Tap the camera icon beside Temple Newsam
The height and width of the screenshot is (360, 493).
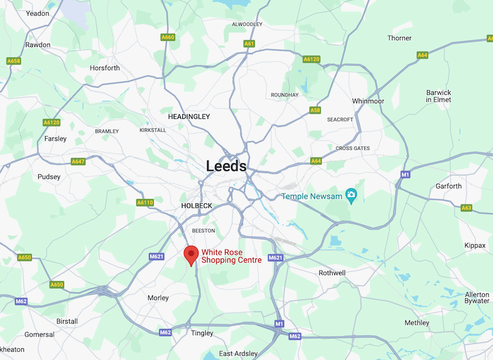click(x=351, y=196)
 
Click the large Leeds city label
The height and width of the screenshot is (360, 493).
click(x=226, y=166)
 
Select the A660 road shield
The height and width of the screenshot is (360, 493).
click(x=168, y=38)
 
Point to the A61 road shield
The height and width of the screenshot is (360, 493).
click(x=249, y=44)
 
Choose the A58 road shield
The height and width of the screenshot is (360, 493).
click(x=315, y=110)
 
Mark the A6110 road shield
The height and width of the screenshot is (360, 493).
click(x=144, y=202)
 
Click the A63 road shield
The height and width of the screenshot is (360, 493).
click(x=467, y=208)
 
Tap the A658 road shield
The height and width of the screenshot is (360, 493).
click(x=14, y=61)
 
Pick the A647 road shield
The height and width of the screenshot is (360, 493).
click(x=78, y=162)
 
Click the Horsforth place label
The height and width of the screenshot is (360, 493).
click(x=105, y=68)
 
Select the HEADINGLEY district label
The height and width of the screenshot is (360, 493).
click(x=189, y=116)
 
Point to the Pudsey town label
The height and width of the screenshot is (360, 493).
click(x=49, y=177)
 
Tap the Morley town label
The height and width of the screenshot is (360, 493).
click(x=158, y=298)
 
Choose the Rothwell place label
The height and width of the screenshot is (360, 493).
click(x=332, y=272)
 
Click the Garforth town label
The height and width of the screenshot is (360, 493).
click(x=448, y=186)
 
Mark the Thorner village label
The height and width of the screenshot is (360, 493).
click(x=399, y=38)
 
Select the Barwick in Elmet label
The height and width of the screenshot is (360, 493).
click(x=439, y=96)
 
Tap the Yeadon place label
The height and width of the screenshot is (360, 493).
click(x=37, y=13)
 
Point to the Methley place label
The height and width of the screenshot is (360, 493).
click(x=417, y=323)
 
